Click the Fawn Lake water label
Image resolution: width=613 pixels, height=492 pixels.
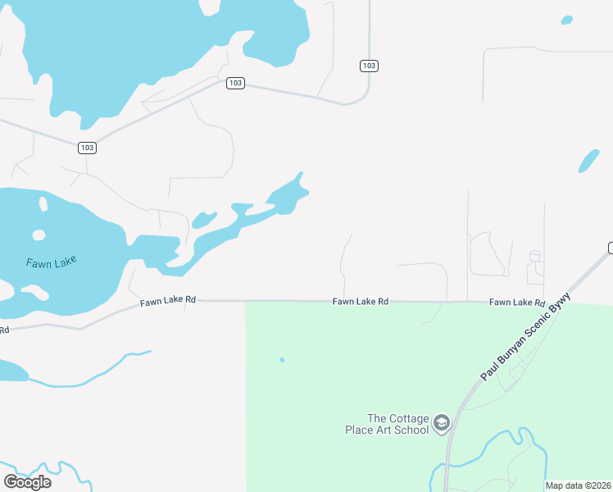(x=51, y=262)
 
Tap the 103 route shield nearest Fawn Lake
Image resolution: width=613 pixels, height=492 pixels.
(x=88, y=148)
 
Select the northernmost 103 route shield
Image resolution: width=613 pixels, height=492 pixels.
(x=369, y=66)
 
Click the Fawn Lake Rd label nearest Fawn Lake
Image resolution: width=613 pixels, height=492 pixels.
(x=167, y=301)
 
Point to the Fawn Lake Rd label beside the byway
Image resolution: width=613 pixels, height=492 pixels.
(x=517, y=303)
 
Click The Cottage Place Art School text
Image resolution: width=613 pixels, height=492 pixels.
(x=397, y=424)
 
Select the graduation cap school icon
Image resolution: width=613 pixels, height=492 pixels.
(x=442, y=423)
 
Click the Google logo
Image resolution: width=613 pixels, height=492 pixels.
(x=27, y=481)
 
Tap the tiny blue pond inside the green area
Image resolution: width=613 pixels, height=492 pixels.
(x=282, y=359)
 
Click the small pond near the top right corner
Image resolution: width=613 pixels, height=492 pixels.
(x=565, y=19)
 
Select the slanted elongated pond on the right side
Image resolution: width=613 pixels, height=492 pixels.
(x=588, y=161)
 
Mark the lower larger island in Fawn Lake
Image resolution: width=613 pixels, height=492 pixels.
(x=33, y=292)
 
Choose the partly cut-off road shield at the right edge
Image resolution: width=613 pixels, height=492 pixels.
(x=610, y=248)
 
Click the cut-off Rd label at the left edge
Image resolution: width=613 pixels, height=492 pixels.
(x=3, y=330)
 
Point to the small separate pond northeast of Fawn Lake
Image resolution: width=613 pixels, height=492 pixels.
(x=203, y=220)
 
